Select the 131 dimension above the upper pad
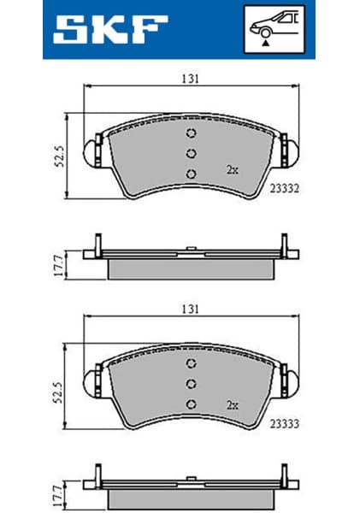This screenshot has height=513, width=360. click(x=191, y=78)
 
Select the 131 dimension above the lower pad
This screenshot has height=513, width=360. click(x=191, y=308)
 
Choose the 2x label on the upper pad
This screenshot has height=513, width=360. click(x=231, y=169)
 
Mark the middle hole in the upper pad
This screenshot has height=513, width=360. click(x=191, y=154)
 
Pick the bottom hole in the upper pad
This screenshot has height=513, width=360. click(x=191, y=174)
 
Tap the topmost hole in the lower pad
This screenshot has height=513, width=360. click(x=191, y=363)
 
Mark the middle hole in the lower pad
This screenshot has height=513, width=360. click(x=191, y=383)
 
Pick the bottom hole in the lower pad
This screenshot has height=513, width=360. click(x=191, y=404)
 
